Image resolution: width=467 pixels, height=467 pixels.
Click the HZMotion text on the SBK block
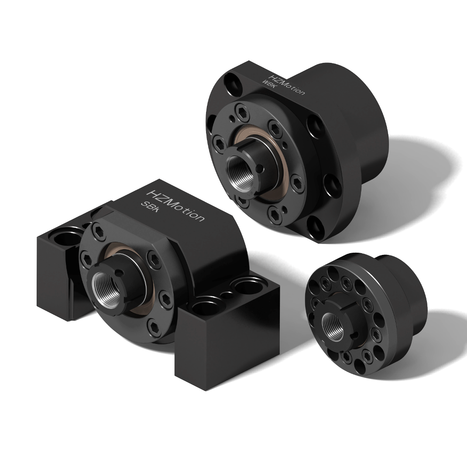tap(177, 206)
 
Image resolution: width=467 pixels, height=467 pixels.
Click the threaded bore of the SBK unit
tap(107, 288)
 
